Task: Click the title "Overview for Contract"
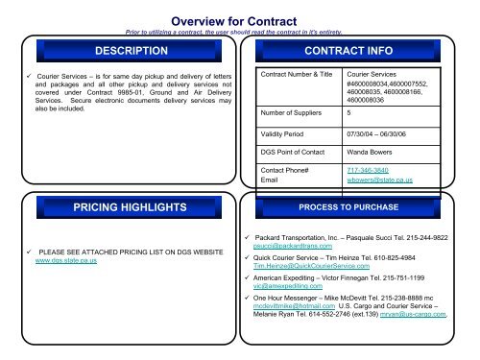(x=239, y=16)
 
